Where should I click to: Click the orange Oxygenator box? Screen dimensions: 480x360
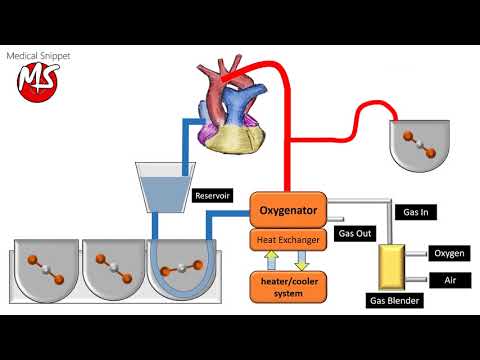pos(288,209)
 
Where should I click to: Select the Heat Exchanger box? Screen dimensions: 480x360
pos(288,240)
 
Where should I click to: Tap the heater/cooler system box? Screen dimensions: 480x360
pos(288,287)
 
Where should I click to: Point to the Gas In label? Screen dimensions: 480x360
pos(418,213)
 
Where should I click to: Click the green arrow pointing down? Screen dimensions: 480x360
pos(303,262)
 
